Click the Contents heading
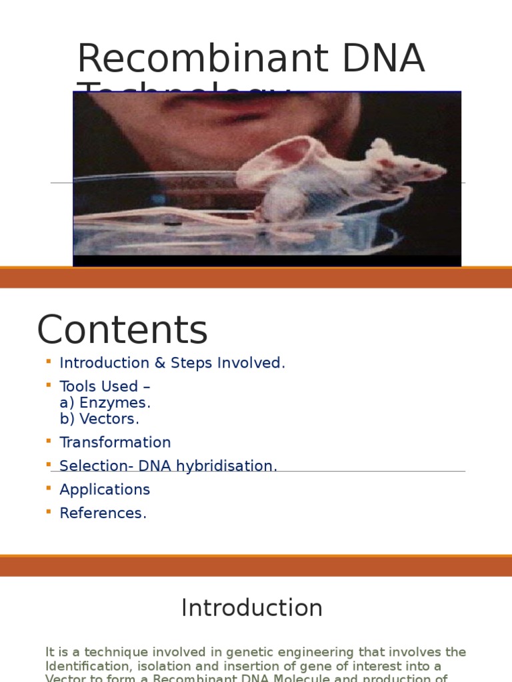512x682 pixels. (x=122, y=330)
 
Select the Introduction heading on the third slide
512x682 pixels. (x=252, y=608)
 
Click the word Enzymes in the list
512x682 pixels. (x=115, y=403)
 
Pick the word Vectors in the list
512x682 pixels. (x=109, y=419)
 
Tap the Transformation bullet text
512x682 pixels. (x=115, y=442)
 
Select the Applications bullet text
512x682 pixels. (x=105, y=490)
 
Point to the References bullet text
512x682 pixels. (x=103, y=513)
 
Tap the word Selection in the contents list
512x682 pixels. (x=87, y=466)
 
